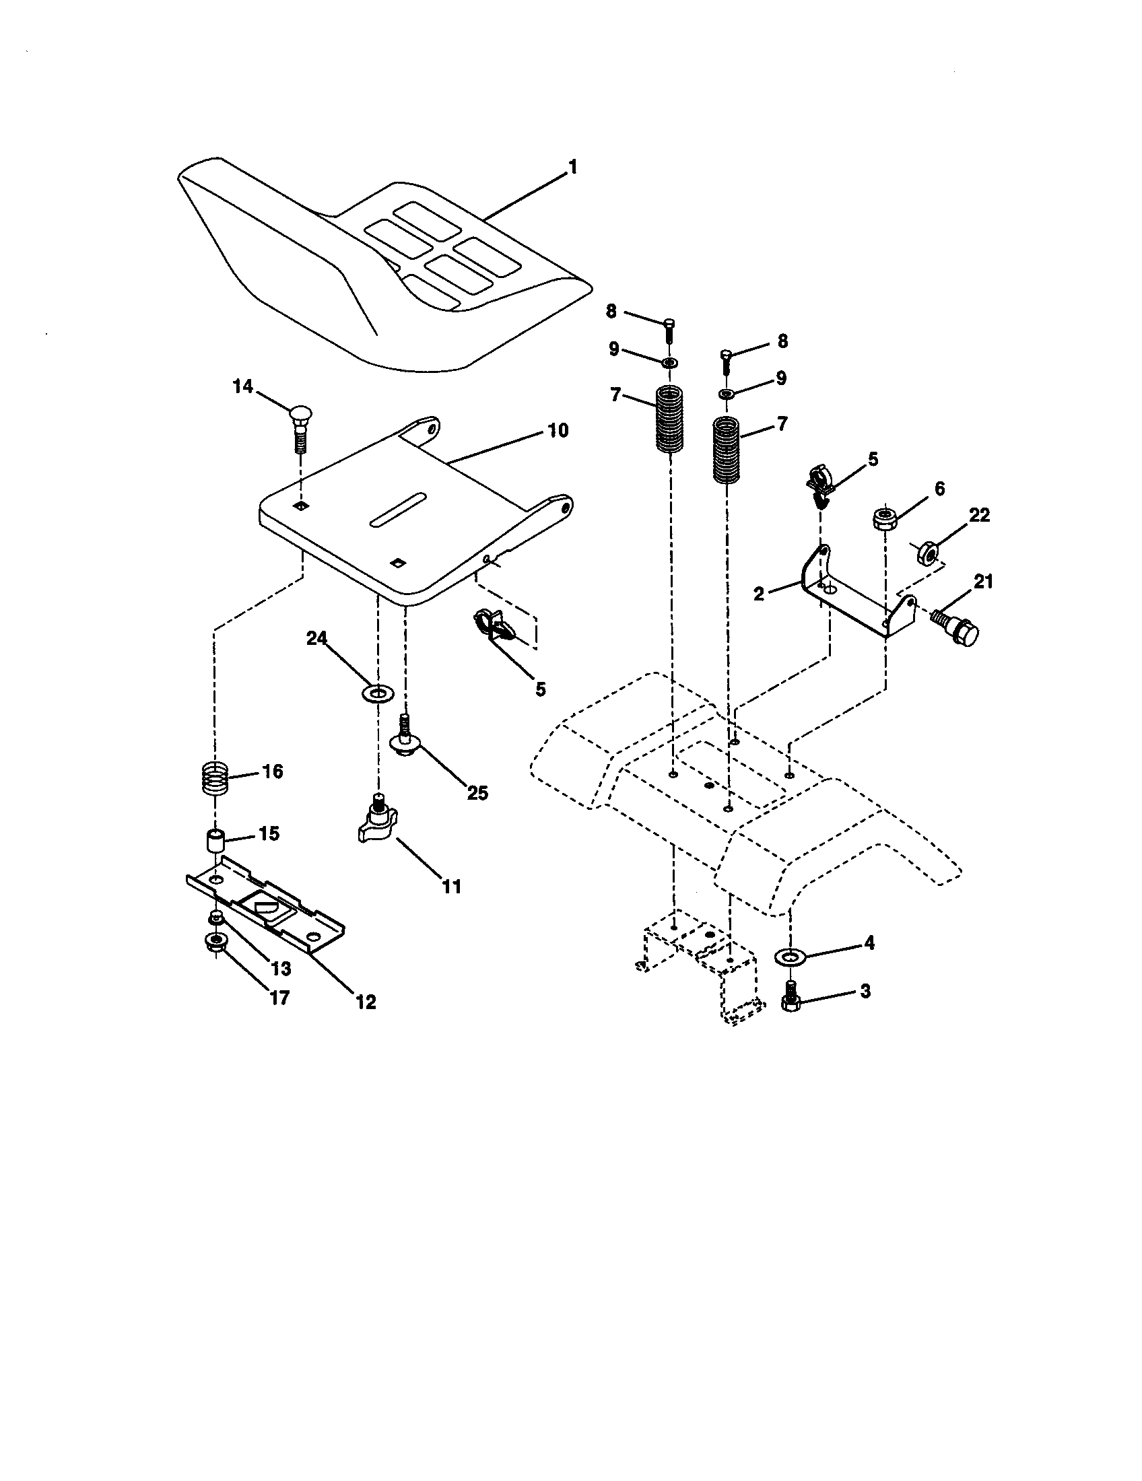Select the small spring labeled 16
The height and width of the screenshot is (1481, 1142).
point(215,780)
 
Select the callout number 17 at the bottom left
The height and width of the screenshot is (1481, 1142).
point(279,997)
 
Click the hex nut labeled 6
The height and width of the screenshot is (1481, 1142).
point(885,520)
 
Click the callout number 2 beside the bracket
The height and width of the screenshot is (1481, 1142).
point(759,594)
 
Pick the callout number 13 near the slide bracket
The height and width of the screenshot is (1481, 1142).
point(281,968)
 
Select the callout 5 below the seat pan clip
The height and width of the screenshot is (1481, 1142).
point(540,689)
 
